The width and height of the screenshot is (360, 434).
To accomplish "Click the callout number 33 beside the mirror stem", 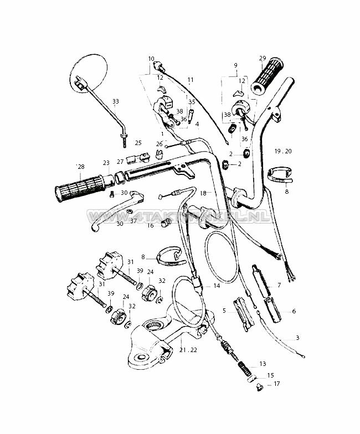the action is (115, 101).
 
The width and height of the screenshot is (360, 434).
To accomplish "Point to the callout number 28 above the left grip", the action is (81, 167).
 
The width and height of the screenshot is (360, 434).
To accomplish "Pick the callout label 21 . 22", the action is (188, 350).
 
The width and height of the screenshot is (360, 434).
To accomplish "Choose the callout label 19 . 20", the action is (283, 151).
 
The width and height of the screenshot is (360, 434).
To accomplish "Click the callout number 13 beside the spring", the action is (263, 363).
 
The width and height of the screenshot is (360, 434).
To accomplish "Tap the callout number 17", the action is (276, 384).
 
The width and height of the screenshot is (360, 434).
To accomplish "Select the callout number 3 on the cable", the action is (298, 338).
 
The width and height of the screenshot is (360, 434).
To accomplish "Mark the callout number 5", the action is (224, 311).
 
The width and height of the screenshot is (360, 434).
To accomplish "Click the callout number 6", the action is (294, 311).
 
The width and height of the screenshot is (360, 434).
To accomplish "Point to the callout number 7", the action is (279, 285).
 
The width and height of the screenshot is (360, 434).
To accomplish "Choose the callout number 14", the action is (217, 286).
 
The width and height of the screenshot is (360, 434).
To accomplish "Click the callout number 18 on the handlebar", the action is (203, 193).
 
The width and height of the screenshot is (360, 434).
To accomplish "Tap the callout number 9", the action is (236, 65).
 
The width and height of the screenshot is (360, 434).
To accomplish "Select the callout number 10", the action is (151, 59).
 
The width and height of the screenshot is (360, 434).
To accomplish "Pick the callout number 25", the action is (138, 143).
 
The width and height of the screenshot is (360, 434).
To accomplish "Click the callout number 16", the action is (151, 226).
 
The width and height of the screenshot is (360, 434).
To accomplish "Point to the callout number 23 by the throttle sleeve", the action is (106, 163).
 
